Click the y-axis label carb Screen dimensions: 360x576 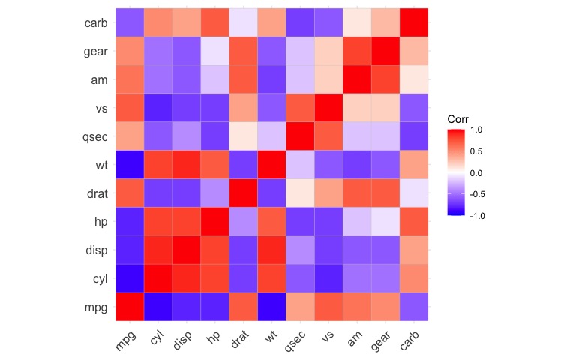[x=95, y=23]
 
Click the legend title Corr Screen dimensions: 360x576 [x=457, y=119]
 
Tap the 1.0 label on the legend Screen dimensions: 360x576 [x=477, y=130]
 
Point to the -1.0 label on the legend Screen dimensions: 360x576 [x=475, y=215]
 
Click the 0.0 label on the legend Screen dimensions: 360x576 [x=477, y=172]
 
